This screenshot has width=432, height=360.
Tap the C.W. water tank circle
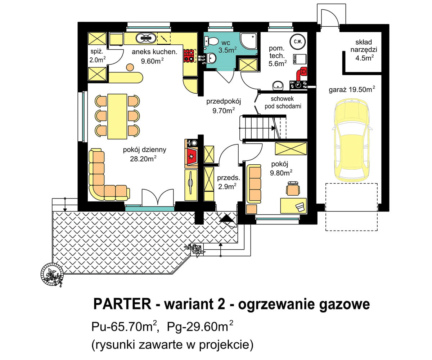[x=298, y=41]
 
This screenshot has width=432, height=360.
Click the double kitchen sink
[x=145, y=37]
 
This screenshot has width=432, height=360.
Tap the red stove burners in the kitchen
[x=189, y=55]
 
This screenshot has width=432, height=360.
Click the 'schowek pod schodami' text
[x=283, y=102]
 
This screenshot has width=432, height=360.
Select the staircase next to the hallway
[x=263, y=127]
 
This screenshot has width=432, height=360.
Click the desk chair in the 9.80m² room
[x=293, y=188]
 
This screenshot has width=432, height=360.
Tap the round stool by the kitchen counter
[x=129, y=67]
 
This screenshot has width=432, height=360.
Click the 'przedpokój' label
[x=223, y=102]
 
